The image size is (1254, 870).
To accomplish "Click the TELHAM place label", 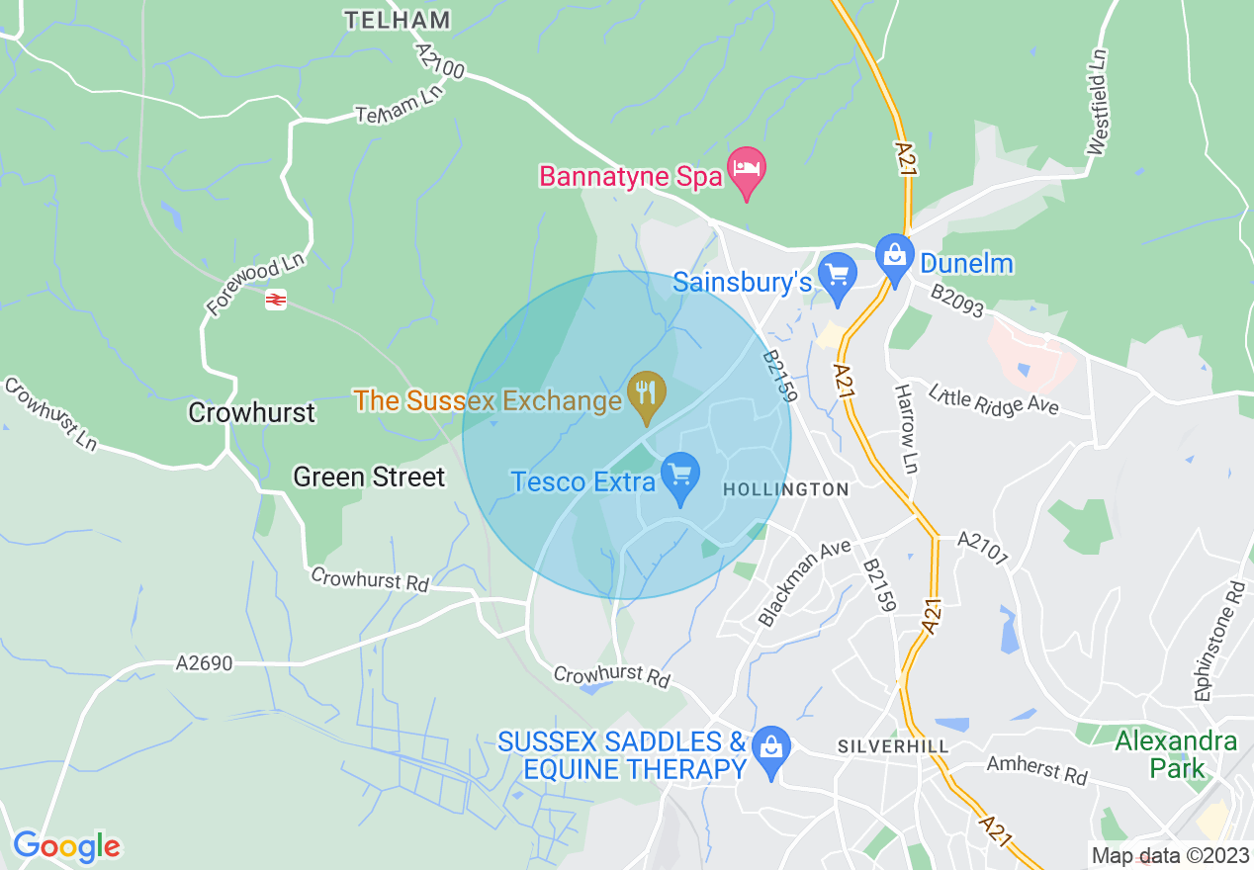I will pos(398,20).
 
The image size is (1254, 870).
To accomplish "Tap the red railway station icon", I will pos(276,299).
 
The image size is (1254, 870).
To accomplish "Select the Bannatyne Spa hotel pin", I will pos(747,171).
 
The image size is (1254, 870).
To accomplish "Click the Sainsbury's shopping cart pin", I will pos(839,277).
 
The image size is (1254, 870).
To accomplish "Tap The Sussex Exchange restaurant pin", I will pos(646,396).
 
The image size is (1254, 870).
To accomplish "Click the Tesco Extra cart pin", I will pos(679,478).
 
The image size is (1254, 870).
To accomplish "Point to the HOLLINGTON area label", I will pos(786,489).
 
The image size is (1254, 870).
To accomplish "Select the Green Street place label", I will pos(369,478).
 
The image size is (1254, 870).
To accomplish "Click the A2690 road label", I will pos(205,663).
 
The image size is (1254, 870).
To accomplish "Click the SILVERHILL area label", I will pos(893,746).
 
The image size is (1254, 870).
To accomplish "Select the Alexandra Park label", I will pos(1176,754).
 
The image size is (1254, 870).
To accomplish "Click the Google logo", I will pos(66,846).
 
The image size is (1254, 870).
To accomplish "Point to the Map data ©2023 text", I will pos(1170,855).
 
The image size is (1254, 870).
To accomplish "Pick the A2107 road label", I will pos(982,549).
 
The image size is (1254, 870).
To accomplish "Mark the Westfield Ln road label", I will pos(1097,102).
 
